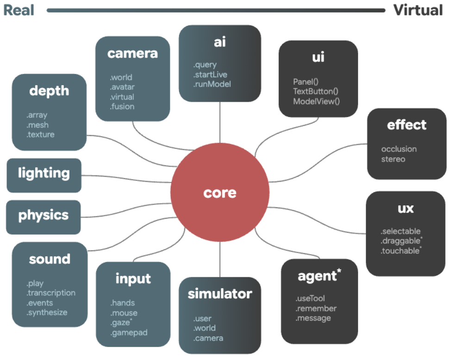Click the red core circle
pos(220,192)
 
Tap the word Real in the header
pos(19,10)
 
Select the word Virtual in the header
pos(418,10)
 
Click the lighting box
pos(44,174)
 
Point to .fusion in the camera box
pos(122,106)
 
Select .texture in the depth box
pos(40,135)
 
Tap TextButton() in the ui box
pos(316,91)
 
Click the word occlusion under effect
pos(399,149)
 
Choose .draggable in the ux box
pos(400,241)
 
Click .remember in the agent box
pos(316,309)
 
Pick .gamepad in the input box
pos(129,333)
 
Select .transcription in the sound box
pos(51,293)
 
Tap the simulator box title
pos(220,294)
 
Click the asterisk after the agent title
pos(339,272)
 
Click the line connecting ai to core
pos(220,123)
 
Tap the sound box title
pos(50,259)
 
